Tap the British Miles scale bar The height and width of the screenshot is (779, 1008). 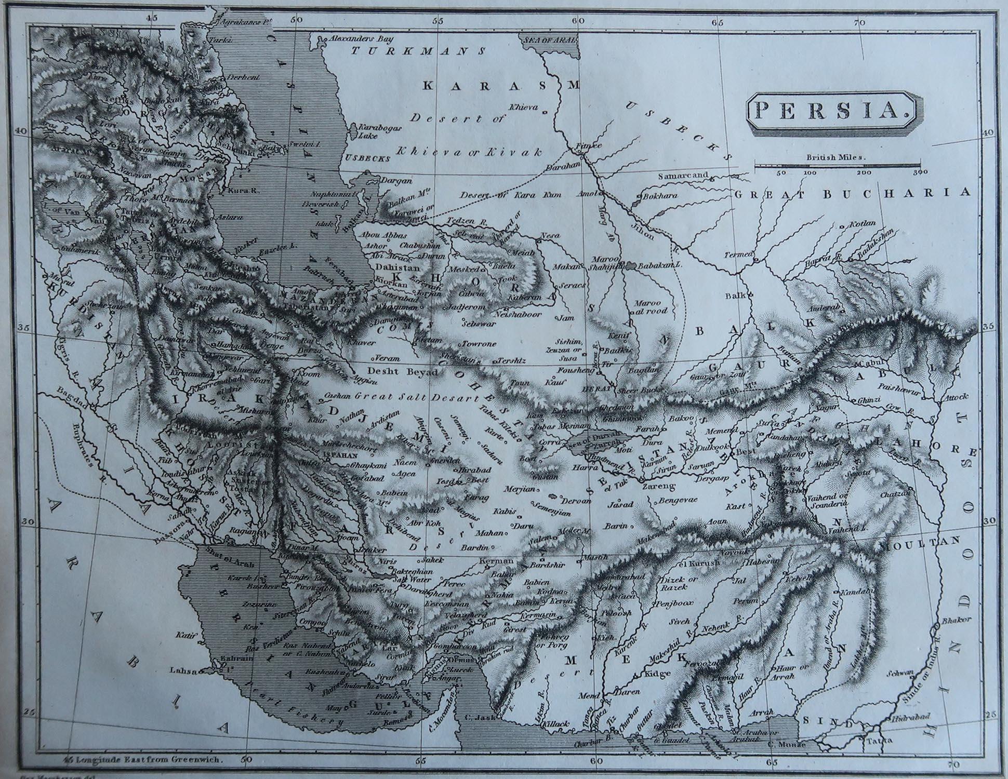[x=837, y=166]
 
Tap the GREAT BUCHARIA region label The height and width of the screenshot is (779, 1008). [x=852, y=193]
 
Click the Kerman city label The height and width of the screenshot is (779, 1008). [x=496, y=561]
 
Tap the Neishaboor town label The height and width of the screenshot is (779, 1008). [x=519, y=315]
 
